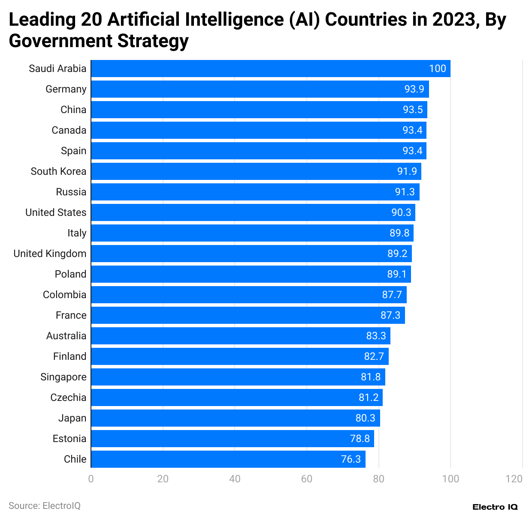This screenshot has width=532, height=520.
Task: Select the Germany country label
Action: [x=66, y=89]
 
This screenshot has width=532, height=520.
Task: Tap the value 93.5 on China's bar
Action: [x=413, y=110]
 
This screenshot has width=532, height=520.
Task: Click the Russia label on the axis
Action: [x=71, y=192]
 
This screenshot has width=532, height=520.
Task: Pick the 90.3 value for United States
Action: [x=401, y=212]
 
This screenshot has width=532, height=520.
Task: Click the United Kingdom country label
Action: [x=50, y=254]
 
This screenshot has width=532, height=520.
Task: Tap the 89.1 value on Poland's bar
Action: [x=397, y=274]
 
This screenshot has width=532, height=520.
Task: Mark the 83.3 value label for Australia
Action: [x=376, y=336]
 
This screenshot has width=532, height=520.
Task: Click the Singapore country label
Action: [x=63, y=377]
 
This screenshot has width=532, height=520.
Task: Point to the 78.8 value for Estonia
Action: [x=360, y=439]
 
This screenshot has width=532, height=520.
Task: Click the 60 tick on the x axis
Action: [x=307, y=479]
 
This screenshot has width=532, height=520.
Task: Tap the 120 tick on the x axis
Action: [x=514, y=479]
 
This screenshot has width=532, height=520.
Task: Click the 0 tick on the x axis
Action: [x=91, y=479]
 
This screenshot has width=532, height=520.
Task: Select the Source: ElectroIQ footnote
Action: [x=45, y=506]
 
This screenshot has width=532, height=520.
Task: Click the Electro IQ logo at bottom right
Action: [x=495, y=507]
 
